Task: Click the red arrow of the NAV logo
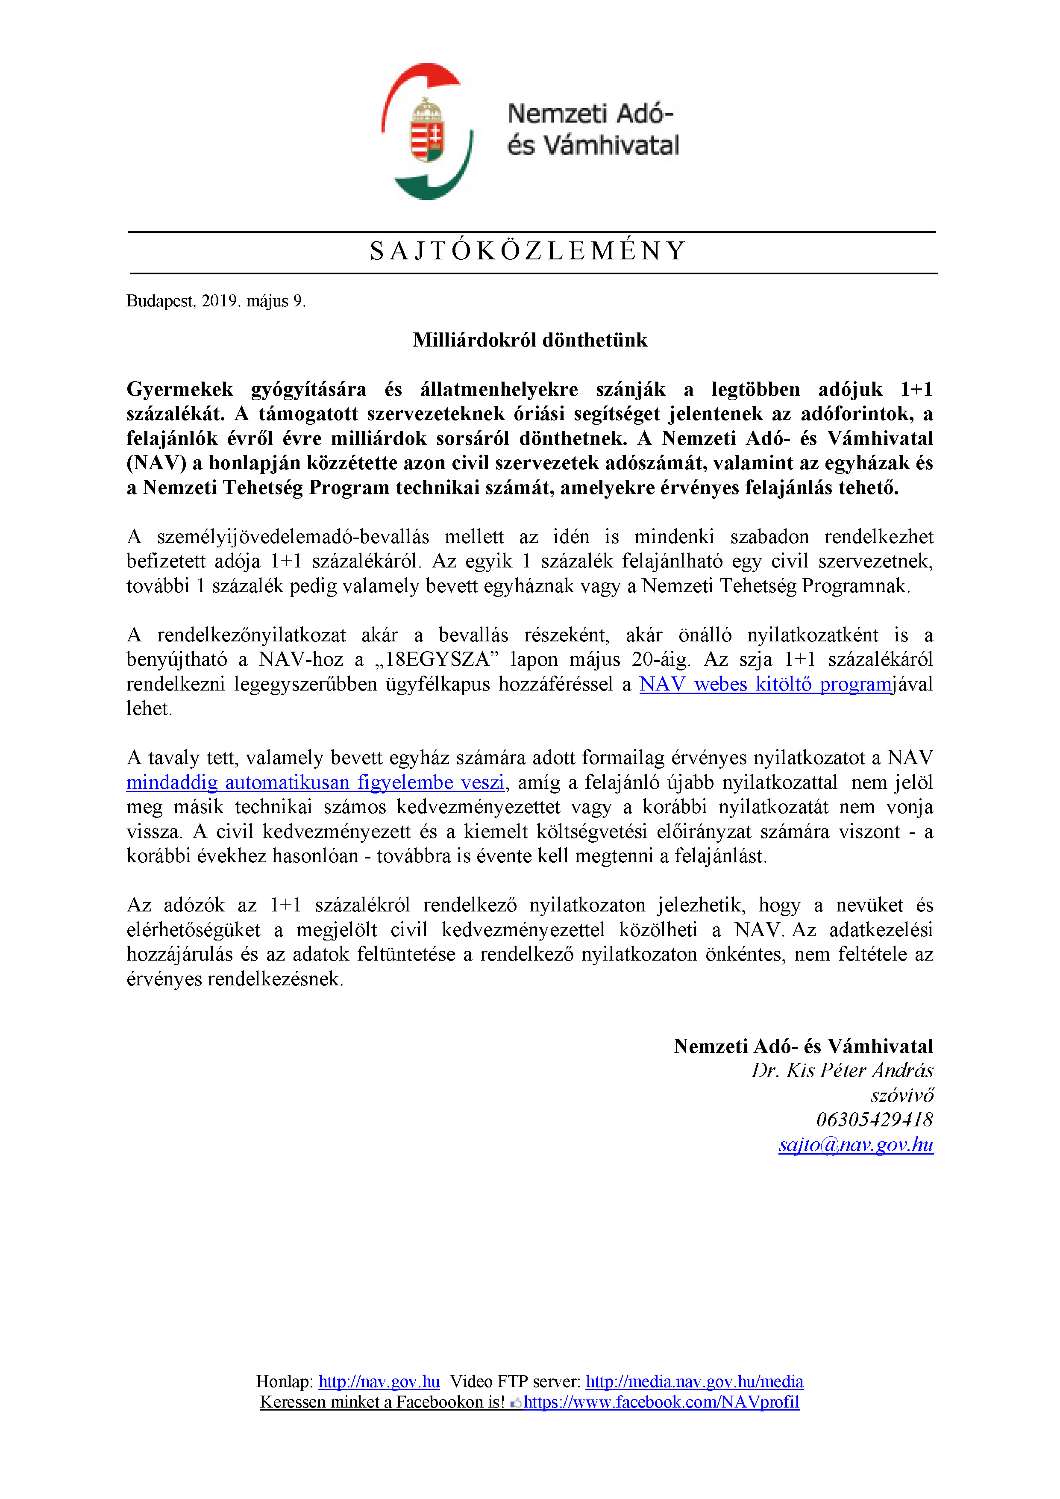(418, 82)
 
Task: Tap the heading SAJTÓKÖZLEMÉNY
(529, 251)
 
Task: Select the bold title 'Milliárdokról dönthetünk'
(529, 340)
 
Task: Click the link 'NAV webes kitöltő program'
(765, 684)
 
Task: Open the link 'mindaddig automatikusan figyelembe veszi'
(315, 782)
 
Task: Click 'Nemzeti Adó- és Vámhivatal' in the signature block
(803, 1046)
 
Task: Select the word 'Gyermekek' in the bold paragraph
(179, 390)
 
